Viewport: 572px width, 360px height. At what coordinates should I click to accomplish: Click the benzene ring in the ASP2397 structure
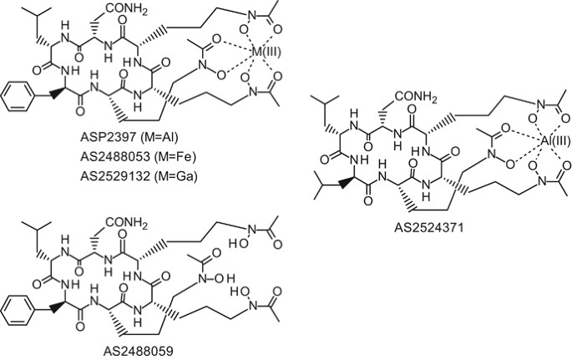pyautogui.click(x=17, y=109)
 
